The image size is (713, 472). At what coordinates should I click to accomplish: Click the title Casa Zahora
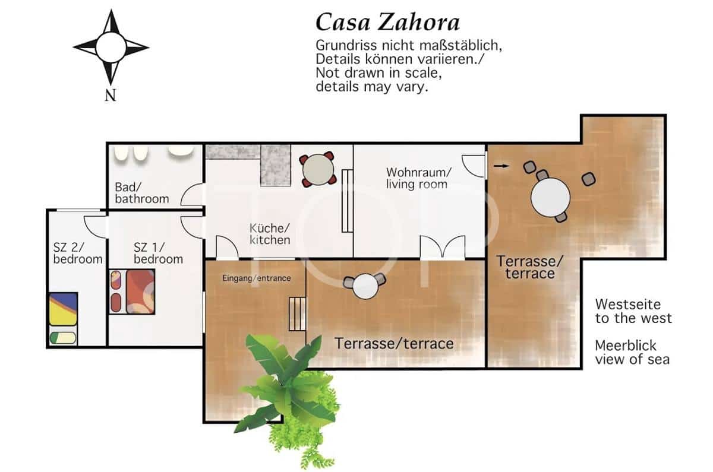[x=387, y=23]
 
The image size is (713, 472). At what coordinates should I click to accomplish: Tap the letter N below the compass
[x=111, y=95]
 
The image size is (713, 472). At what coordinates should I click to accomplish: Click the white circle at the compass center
[x=111, y=47]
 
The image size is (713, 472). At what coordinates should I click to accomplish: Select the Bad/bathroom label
[x=142, y=193]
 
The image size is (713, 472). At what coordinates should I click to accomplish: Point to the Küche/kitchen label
[x=270, y=234]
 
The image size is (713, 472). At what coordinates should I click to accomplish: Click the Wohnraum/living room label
[x=418, y=179]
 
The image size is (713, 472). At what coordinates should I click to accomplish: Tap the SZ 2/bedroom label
[x=78, y=253]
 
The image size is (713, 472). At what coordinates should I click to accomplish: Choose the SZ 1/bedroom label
[x=158, y=253]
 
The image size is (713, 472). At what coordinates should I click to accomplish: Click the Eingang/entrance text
[x=257, y=278]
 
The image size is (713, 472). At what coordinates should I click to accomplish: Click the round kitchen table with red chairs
[x=318, y=169]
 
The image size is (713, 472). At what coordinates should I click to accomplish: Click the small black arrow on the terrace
[x=501, y=166]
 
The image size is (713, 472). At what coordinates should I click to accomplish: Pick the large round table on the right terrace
[x=550, y=197]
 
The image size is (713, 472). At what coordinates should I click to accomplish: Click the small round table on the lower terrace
[x=365, y=286]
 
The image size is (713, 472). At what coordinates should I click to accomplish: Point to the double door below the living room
[x=443, y=247]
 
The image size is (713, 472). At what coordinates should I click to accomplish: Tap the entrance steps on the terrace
[x=297, y=314]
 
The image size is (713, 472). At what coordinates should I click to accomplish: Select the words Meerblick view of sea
[x=632, y=353]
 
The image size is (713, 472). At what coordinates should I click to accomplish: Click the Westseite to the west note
[x=633, y=311]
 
